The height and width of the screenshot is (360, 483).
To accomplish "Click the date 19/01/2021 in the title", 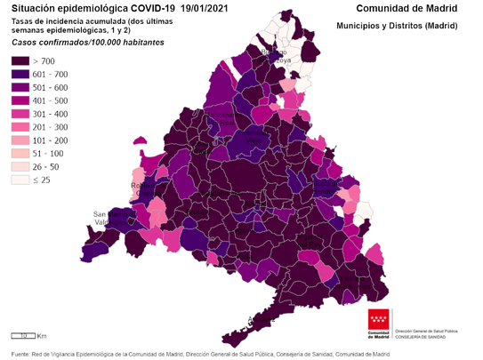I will pyautogui.click(x=211, y=8).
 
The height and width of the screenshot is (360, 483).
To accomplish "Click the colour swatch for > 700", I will pyautogui.click(x=20, y=60).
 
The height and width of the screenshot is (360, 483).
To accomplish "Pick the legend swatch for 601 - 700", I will pyautogui.click(x=20, y=74).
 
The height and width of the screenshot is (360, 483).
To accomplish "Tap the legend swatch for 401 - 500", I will pyautogui.click(x=20, y=100).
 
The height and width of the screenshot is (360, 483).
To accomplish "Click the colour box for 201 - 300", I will pyautogui.click(x=20, y=127).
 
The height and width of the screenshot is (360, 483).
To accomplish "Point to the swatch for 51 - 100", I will pyautogui.click(x=20, y=153).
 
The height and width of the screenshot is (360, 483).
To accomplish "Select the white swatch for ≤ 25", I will pyautogui.click(x=20, y=180).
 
